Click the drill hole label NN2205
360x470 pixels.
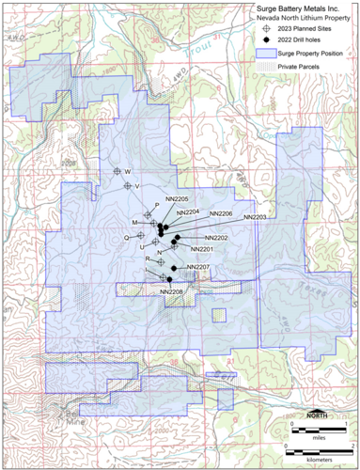(177, 199)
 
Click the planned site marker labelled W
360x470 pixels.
(117, 171)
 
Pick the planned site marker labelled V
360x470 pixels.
(129, 186)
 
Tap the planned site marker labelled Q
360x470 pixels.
(139, 237)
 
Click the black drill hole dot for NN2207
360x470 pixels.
(174, 269)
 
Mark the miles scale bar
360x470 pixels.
(321, 428)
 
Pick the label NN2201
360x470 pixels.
(203, 249)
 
